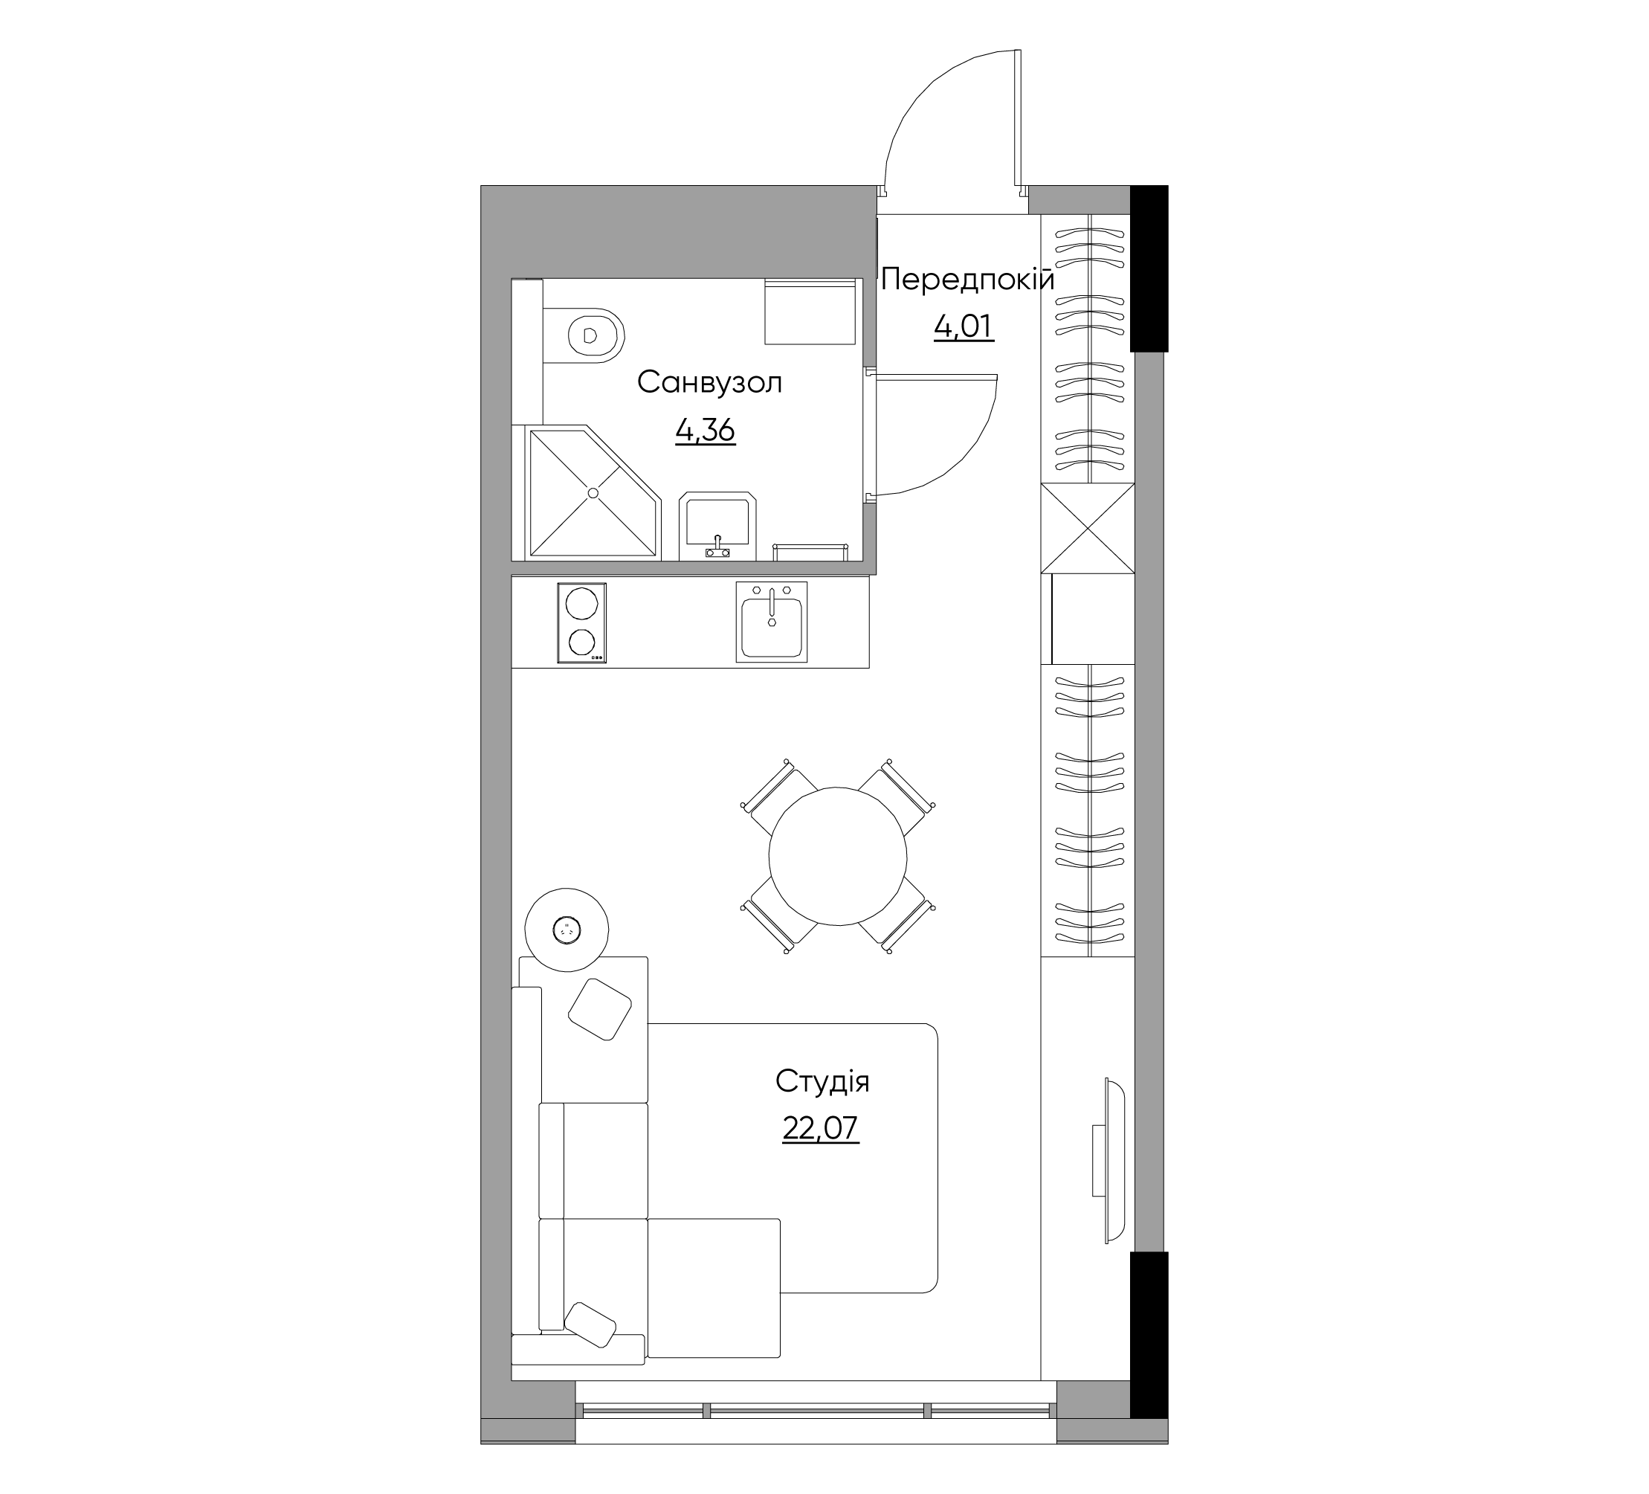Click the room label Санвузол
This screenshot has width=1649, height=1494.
point(709,382)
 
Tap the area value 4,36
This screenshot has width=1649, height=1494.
point(705,430)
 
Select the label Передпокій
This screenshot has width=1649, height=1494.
point(968,279)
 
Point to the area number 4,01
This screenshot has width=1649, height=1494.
point(964,326)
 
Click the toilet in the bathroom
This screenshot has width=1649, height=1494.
point(582,335)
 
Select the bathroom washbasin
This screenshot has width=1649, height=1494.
point(718,526)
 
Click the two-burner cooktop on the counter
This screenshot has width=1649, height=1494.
point(581,622)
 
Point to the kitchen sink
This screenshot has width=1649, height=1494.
point(771,622)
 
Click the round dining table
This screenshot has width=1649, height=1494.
point(838,856)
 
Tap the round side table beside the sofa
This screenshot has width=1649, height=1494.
point(566,929)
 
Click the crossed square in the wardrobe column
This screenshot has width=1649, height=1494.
point(1088,529)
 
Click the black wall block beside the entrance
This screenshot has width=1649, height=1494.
point(1149,268)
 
